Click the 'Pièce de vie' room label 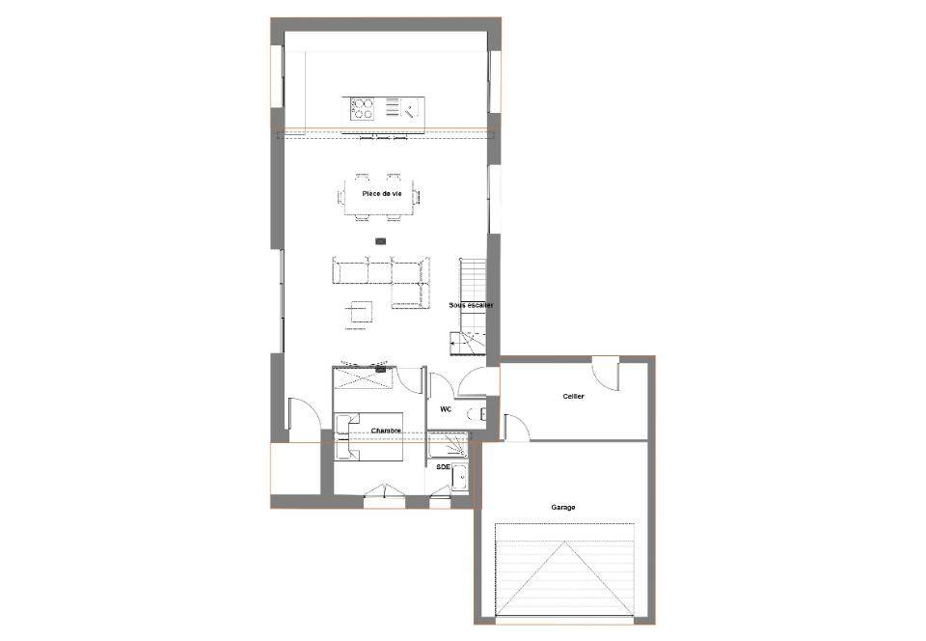pos(382,194)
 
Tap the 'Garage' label pos(562,507)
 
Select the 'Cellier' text pos(573,396)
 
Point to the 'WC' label pos(446,408)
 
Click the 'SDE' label pos(443,466)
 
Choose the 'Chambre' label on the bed pos(386,431)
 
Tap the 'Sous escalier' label pos(471,305)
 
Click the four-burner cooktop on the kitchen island pos(362,109)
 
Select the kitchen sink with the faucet pos(411,109)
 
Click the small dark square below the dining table pos(381,241)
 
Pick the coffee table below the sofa pos(359,313)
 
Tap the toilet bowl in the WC pos(476,414)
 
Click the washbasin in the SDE pos(459,477)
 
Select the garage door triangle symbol pos(564,578)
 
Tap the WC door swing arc pos(442,387)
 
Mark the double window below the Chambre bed pos(385,496)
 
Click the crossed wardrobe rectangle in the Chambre pos(364,378)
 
